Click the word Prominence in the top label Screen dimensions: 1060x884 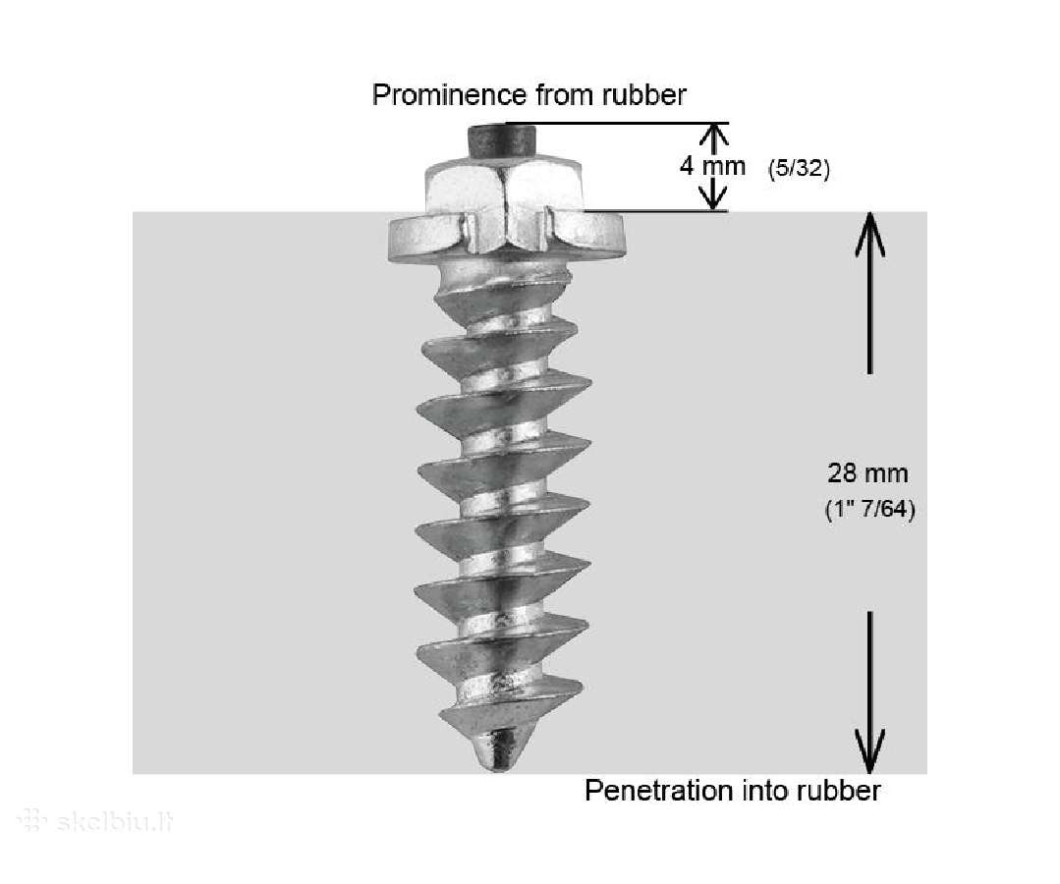click(449, 94)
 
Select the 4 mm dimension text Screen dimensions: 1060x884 click(712, 166)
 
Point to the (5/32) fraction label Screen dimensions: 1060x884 click(799, 168)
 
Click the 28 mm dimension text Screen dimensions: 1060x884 click(868, 473)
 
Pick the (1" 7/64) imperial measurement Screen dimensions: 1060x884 click(870, 509)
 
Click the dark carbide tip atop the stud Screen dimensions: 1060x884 click(499, 139)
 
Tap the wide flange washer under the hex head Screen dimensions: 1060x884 click(505, 238)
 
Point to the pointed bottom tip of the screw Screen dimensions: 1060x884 click(498, 750)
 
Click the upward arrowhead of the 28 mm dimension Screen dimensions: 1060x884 click(870, 233)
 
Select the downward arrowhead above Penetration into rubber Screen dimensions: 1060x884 click(869, 751)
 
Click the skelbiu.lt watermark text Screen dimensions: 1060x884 click(115, 822)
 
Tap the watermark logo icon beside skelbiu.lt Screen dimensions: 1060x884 click(31, 821)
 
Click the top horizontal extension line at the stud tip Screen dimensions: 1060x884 click(617, 123)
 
